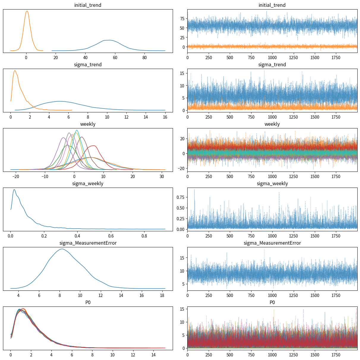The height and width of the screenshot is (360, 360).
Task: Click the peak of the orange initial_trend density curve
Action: click(27, 11)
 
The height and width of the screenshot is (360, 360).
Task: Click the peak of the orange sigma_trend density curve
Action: click(15, 70)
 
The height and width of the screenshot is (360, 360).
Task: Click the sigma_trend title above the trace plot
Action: click(272, 65)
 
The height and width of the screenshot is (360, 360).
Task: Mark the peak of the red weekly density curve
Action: click(94, 146)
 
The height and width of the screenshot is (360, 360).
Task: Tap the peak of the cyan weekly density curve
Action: click(77, 130)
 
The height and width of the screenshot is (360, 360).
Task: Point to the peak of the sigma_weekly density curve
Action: click(14, 189)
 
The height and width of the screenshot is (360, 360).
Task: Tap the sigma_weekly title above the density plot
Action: click(88, 183)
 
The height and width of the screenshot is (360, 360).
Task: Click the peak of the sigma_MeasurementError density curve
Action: click(62, 249)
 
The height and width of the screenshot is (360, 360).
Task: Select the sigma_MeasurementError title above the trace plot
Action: click(272, 243)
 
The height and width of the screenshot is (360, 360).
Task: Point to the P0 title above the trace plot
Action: click(272, 302)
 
